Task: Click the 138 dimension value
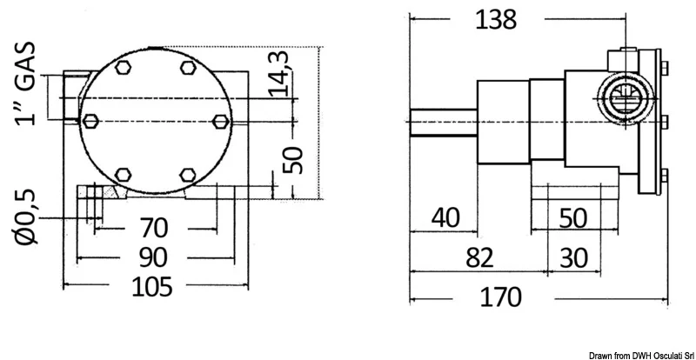click(495, 20)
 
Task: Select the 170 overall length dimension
click(501, 297)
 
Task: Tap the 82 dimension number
click(479, 257)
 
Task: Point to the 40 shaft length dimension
click(446, 218)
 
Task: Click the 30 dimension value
click(573, 258)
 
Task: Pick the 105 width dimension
click(151, 287)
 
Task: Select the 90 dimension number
click(153, 258)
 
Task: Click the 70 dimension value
click(154, 228)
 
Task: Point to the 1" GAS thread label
click(25, 83)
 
